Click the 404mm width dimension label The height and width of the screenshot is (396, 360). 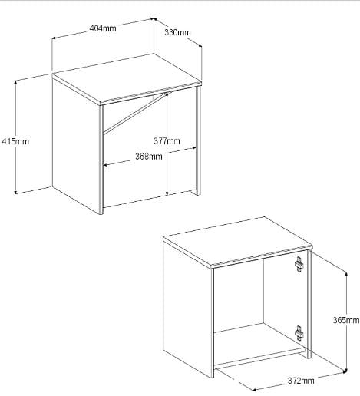(103, 28)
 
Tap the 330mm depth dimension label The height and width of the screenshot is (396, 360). (177, 32)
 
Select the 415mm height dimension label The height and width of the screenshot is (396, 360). (15, 141)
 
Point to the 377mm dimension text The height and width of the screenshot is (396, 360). (167, 140)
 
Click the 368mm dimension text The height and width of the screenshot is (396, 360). (149, 156)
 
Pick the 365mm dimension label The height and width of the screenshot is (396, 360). (346, 320)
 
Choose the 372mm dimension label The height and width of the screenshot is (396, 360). (301, 381)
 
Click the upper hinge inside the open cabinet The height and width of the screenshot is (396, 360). (299, 264)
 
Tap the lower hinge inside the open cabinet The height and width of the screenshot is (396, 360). (299, 333)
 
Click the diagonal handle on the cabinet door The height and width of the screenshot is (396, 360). (135, 113)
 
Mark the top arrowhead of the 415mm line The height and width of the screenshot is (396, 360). (15, 82)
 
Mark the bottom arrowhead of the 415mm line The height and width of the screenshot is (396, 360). (15, 192)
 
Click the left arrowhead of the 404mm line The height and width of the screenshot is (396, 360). (54, 38)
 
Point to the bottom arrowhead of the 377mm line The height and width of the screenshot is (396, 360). (167, 193)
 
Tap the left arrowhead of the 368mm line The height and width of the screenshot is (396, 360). (105, 165)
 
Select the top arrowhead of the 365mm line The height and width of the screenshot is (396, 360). (346, 274)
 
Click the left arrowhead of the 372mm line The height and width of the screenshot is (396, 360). (253, 390)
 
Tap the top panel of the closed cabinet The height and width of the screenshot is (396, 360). (127, 78)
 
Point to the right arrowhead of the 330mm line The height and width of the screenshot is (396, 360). (200, 45)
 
